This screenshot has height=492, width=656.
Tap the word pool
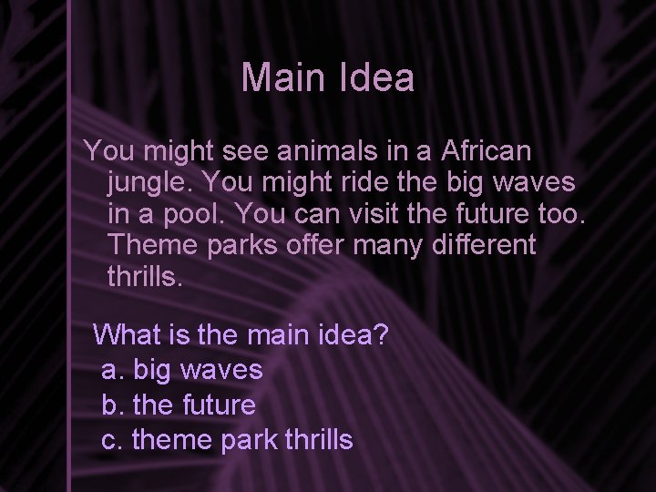click(202, 214)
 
